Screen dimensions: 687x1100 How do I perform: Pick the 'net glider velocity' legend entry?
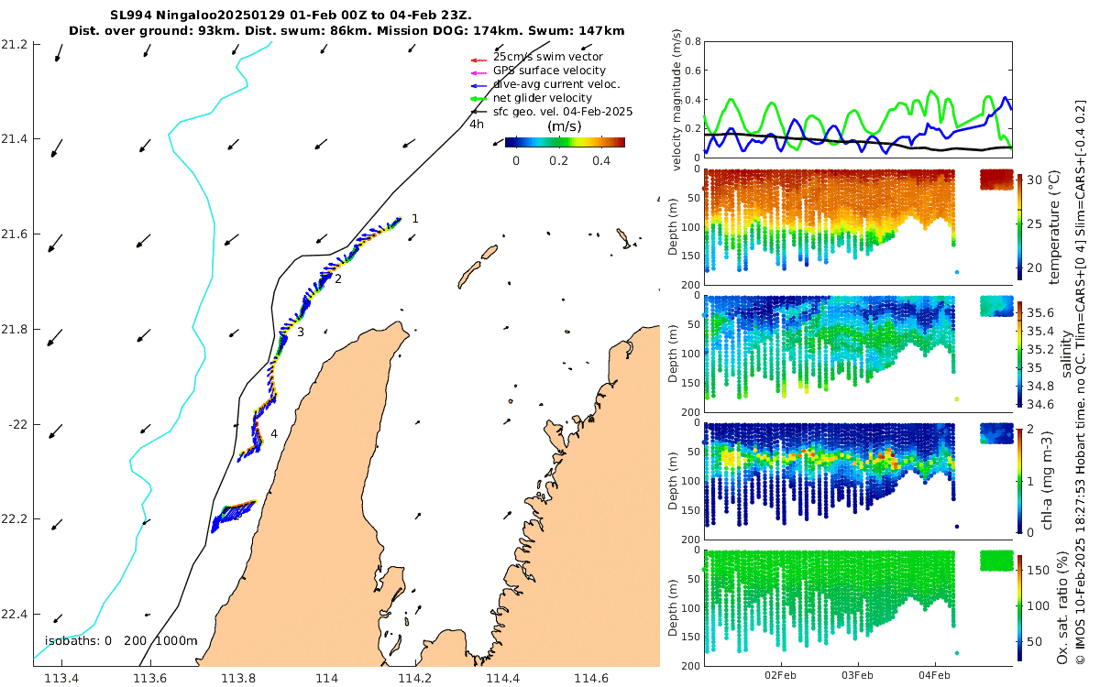(x=543, y=98)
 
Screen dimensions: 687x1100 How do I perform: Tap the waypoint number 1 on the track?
(x=415, y=219)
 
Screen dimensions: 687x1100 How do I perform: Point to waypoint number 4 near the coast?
(x=274, y=434)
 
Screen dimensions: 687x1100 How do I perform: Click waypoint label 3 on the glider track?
(x=300, y=332)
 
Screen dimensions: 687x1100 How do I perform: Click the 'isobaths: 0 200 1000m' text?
(x=121, y=640)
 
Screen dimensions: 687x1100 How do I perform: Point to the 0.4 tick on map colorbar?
(x=601, y=160)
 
